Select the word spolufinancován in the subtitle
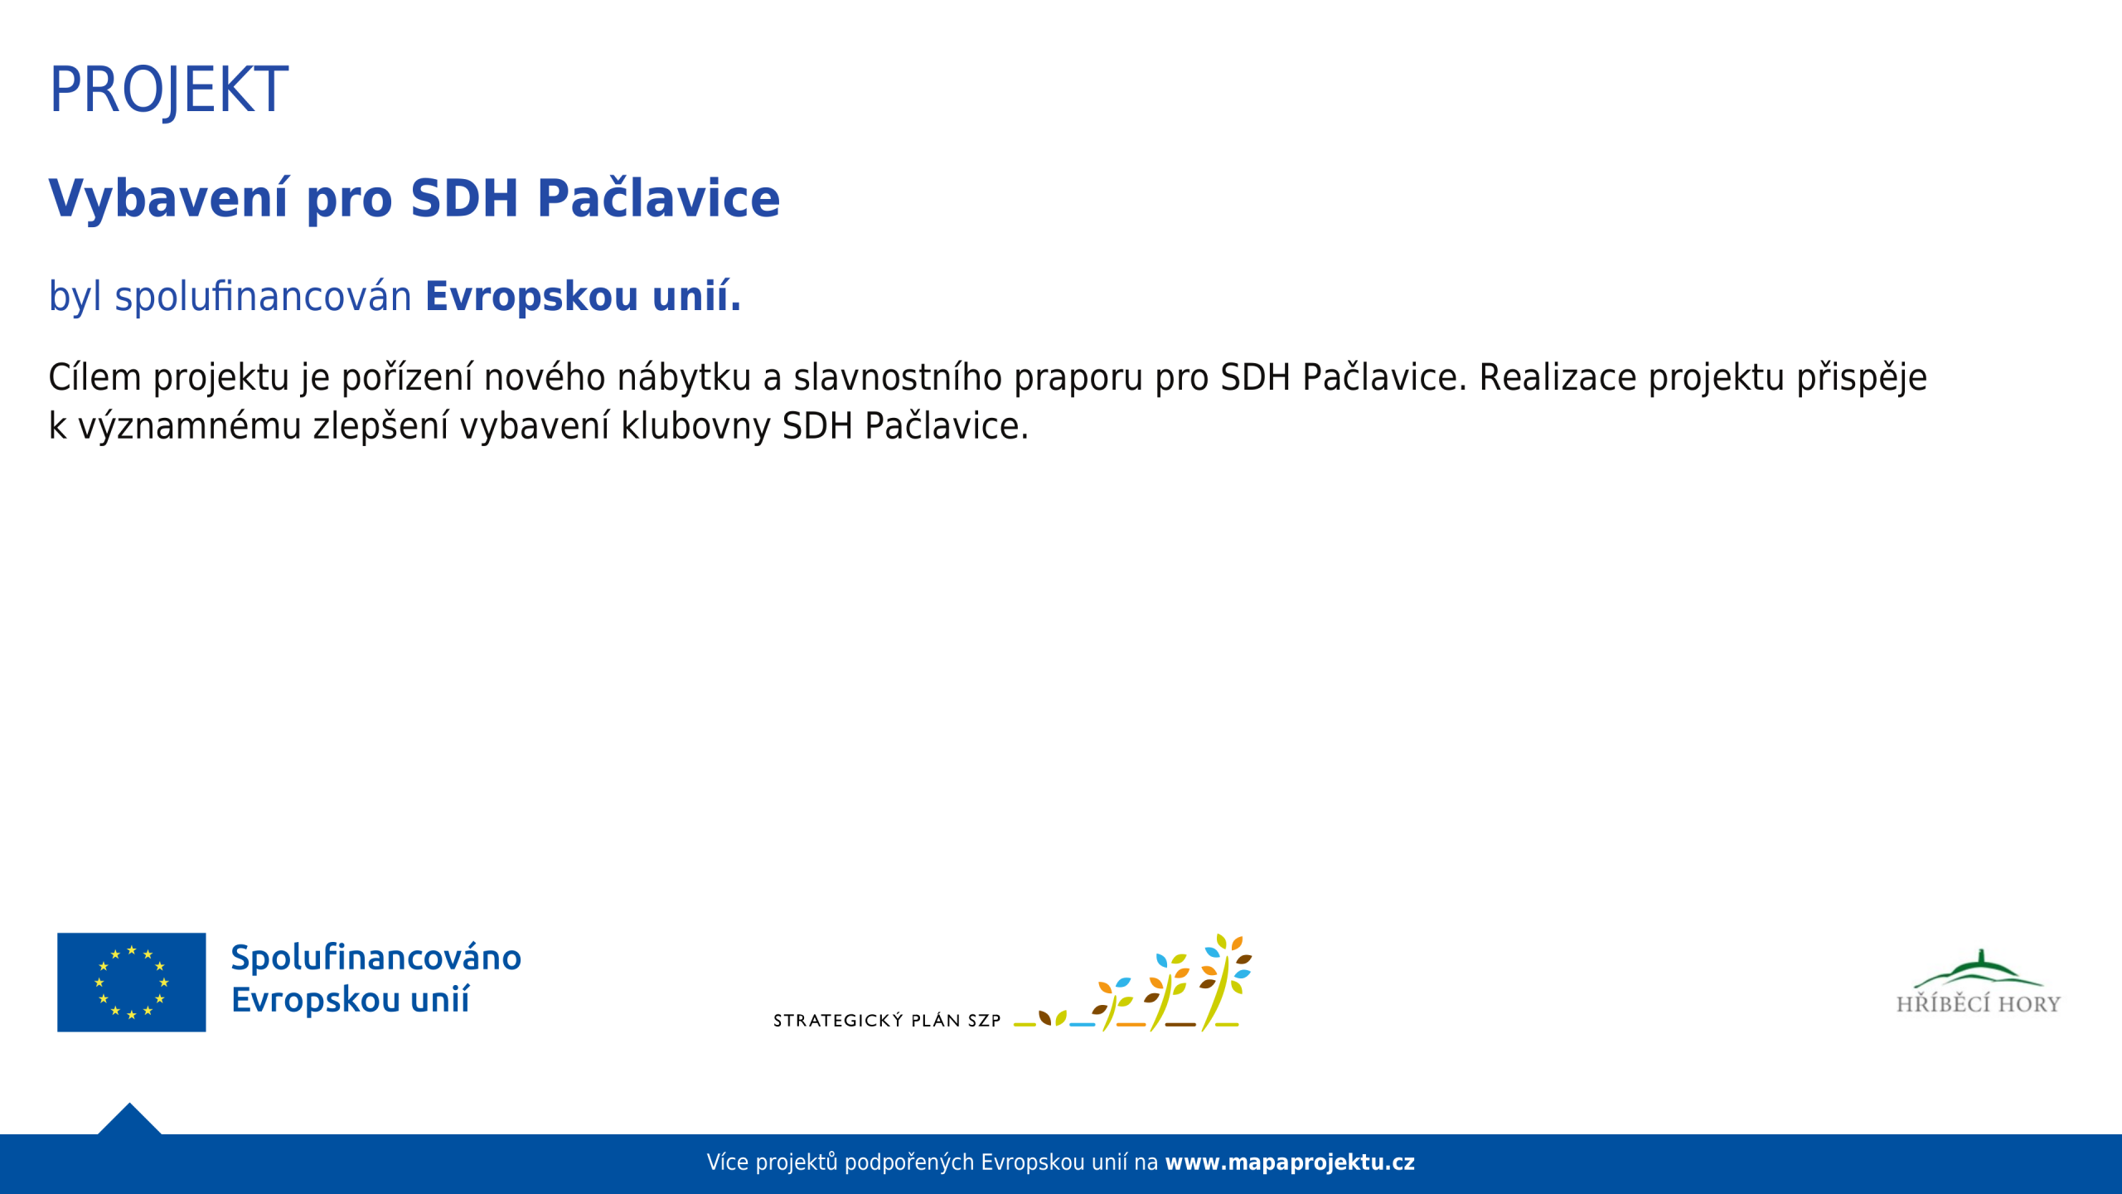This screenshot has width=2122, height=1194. click(x=263, y=297)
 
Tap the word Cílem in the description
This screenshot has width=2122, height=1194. click(x=94, y=377)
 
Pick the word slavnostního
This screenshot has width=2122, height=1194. click(x=898, y=377)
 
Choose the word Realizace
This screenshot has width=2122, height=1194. click(x=1557, y=377)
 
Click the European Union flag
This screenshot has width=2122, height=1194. click(x=131, y=983)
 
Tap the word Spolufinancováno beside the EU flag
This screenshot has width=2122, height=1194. click(x=376, y=959)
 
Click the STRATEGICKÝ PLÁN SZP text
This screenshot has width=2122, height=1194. click(x=887, y=1021)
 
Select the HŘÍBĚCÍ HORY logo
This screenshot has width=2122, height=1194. click(x=1979, y=983)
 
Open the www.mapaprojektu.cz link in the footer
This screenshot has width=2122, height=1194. click(x=1290, y=1162)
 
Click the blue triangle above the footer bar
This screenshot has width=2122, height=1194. click(x=129, y=1119)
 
